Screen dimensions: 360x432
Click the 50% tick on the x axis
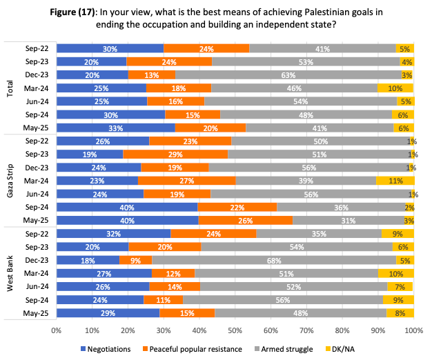[x=235, y=330]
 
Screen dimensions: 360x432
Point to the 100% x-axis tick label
[x=413, y=330]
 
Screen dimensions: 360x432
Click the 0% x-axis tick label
[x=57, y=330]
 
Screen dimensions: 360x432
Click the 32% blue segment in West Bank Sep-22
[x=113, y=234]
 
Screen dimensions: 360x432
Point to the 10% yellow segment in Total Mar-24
[x=395, y=88]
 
